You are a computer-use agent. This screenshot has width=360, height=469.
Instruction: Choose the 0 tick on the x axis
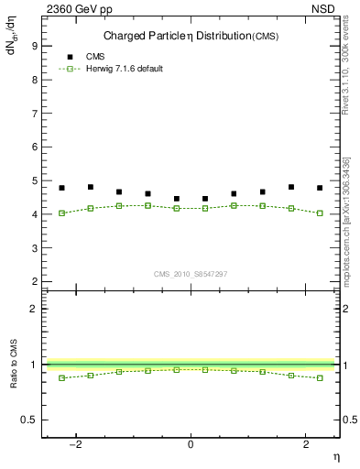[191, 444]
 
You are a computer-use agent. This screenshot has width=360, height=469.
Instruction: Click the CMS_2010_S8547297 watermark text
[191, 274]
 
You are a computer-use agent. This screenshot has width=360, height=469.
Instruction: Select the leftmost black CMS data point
[61, 188]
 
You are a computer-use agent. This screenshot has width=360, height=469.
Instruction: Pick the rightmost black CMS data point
[320, 188]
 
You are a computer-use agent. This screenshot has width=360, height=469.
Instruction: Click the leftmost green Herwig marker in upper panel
[61, 213]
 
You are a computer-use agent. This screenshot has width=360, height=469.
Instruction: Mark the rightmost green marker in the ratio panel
[320, 377]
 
